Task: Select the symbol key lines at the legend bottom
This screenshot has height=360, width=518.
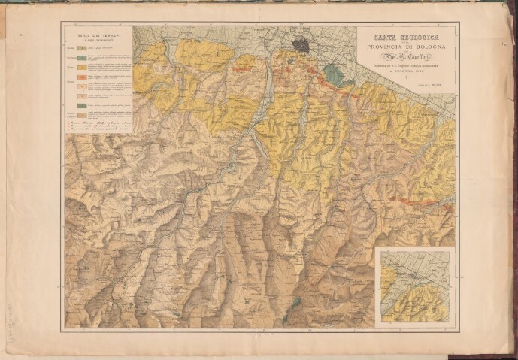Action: [95, 124]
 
